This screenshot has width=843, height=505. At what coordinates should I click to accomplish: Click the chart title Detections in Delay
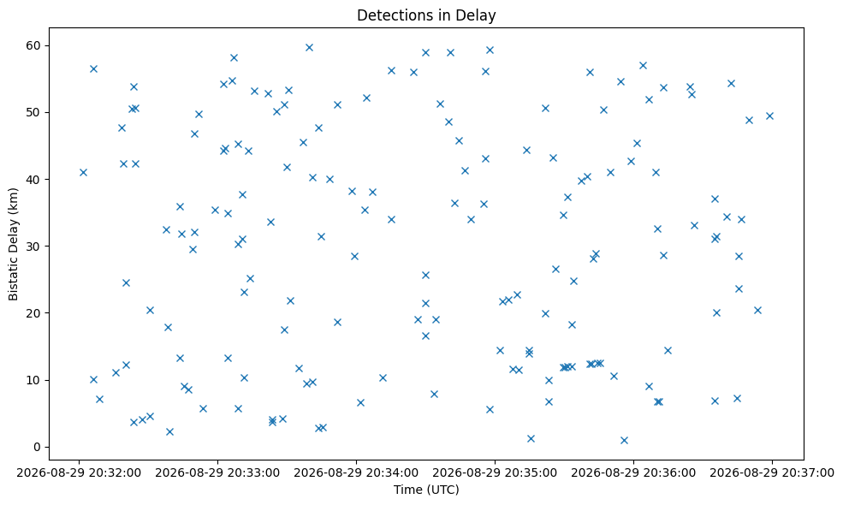click(x=426, y=15)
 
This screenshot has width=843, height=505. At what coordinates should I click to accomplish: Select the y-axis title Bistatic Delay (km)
click(x=13, y=244)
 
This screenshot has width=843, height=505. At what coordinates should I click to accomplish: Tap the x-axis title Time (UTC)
click(x=426, y=490)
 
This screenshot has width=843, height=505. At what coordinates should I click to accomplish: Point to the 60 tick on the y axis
click(x=33, y=45)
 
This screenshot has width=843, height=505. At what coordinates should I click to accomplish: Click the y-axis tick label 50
click(x=33, y=112)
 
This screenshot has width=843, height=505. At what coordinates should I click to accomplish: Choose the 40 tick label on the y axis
click(x=33, y=179)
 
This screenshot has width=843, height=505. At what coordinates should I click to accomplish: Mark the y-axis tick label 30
click(x=33, y=247)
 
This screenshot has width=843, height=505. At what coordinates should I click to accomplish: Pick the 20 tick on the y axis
click(x=33, y=313)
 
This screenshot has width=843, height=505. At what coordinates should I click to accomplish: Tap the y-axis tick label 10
click(x=33, y=380)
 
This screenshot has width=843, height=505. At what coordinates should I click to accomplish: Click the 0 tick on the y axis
click(x=37, y=447)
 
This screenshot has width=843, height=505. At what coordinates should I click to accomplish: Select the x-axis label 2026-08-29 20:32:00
click(x=79, y=473)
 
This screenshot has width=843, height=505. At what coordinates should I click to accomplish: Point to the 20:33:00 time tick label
click(x=217, y=473)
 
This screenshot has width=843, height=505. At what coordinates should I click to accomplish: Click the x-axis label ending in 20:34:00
click(x=356, y=473)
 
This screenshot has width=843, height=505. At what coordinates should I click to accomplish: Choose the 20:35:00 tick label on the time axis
click(x=495, y=473)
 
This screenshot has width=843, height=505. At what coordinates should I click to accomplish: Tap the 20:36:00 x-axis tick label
click(x=633, y=473)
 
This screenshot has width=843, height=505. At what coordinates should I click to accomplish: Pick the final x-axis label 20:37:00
click(x=772, y=473)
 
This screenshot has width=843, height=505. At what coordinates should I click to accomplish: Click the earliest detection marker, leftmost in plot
click(x=83, y=173)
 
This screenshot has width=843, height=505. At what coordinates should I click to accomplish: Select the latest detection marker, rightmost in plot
click(x=770, y=116)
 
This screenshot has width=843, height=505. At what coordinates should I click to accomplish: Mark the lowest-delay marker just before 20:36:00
click(x=624, y=441)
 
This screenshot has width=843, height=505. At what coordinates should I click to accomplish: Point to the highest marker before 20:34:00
click(x=309, y=47)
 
